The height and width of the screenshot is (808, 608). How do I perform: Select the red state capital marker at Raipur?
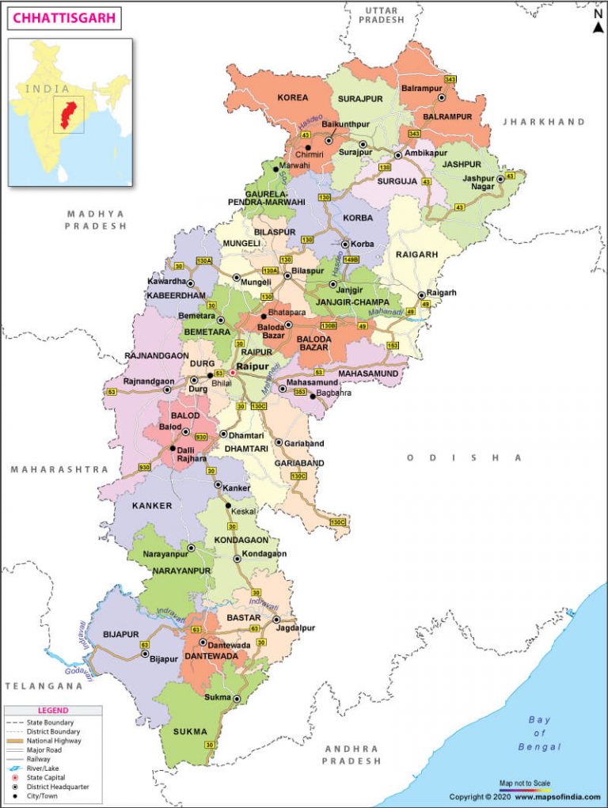(233, 372)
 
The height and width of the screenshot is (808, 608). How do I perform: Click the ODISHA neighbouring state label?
(464, 457)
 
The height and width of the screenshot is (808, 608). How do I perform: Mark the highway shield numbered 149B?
(351, 259)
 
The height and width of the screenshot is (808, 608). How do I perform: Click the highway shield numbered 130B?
(329, 324)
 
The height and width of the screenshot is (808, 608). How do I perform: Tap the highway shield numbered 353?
(300, 391)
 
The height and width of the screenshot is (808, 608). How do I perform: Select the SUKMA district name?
(190, 731)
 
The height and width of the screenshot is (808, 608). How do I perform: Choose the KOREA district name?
(292, 97)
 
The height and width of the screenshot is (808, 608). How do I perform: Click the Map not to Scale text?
(524, 783)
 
